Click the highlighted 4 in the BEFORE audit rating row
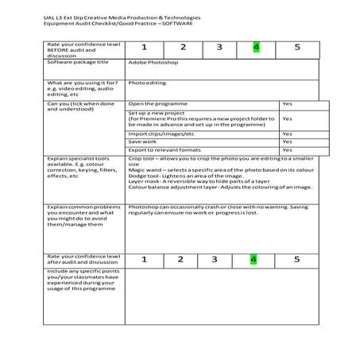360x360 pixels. pos(256,47)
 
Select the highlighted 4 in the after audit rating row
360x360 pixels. pos(254,259)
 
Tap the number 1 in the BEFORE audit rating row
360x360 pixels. pos(144,47)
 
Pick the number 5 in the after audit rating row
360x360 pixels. pos(296,259)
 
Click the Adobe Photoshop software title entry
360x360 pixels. pos(153,62)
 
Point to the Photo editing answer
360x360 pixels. pos(147,82)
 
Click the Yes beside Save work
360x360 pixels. pos(287,141)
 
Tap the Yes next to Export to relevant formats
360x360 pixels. pos(287,149)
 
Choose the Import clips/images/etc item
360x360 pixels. pos(161,134)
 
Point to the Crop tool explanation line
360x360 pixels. pos(215,159)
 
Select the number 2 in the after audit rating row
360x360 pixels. pos(180,259)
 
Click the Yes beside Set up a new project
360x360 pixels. pos(287,119)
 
